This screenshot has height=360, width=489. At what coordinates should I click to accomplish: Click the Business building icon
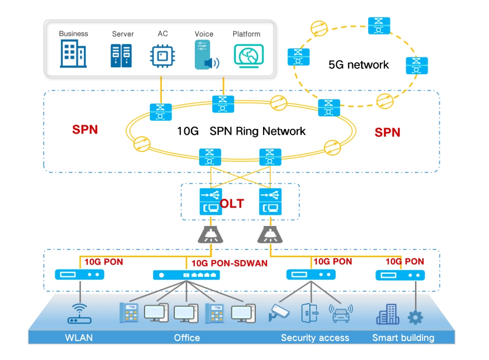pos(73,54)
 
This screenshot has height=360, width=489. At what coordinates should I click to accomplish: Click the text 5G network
pos(358,65)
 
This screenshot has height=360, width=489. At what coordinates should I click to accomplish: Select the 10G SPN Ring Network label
pos(242,131)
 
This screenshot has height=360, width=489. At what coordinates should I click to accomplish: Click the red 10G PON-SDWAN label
pos(229,264)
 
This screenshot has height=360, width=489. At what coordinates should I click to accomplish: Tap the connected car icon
pos(340,314)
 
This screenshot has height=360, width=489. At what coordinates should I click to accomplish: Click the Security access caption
pos(315,338)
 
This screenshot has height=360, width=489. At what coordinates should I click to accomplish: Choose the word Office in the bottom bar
pos(187,338)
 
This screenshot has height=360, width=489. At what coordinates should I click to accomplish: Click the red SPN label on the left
pos(85,130)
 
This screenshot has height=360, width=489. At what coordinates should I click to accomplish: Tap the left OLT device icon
pos(210,202)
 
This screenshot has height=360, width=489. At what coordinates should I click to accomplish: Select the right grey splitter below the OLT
pos(269,235)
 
